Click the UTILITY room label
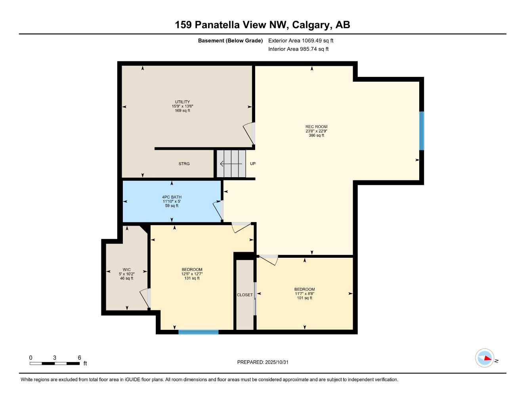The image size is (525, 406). [182, 102]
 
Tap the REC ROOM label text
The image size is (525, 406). [316, 127]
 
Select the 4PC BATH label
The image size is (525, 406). [172, 197]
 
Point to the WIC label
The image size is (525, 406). [126, 270]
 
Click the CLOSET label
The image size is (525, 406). [244, 295]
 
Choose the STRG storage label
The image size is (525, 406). [184, 164]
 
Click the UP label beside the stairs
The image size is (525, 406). [252, 164]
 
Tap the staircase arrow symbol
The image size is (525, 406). [231, 164]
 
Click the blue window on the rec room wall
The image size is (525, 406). [422, 131]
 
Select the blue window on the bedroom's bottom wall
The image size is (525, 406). [198, 332]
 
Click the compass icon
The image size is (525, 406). [485, 358]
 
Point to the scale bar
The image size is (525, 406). [55, 363]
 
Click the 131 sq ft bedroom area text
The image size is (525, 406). [192, 278]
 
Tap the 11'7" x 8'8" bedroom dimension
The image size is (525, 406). [304, 294]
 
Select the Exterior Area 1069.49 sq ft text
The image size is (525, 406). [301, 40]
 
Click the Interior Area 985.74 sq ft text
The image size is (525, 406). [298, 49]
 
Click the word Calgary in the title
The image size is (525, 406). [312, 25]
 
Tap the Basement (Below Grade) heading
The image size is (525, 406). [230, 40]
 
